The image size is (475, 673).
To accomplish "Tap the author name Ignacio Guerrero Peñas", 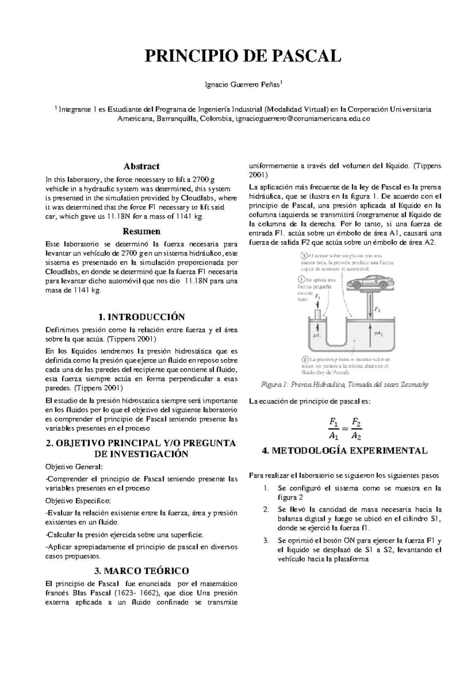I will [x=242, y=84].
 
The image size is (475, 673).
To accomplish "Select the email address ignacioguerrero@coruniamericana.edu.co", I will [x=303, y=119].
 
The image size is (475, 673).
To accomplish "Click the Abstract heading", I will [x=142, y=166].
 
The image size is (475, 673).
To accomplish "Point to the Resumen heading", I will [x=142, y=231].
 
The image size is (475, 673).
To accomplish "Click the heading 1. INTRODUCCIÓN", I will [x=142, y=317].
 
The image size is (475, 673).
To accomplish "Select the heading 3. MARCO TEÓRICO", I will [x=142, y=571].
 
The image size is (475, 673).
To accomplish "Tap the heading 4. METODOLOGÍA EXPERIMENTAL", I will [x=345, y=451].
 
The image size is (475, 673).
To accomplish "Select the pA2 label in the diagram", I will [x=378, y=334].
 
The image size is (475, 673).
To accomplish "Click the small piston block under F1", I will [x=318, y=314].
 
